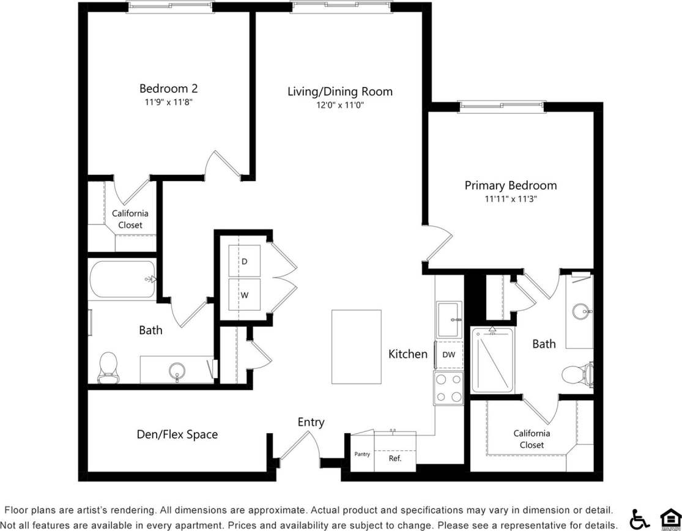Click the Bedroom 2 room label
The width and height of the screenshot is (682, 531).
pyautogui.click(x=168, y=89)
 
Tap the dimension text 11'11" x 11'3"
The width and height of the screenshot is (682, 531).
pyautogui.click(x=510, y=199)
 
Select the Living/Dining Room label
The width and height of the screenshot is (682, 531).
pyautogui.click(x=340, y=92)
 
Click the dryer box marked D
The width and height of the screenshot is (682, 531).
pyautogui.click(x=244, y=261)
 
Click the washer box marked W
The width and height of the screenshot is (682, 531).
pyautogui.click(x=244, y=295)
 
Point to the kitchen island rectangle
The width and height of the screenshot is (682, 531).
pyautogui.click(x=356, y=346)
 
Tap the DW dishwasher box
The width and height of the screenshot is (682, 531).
pyautogui.click(x=448, y=354)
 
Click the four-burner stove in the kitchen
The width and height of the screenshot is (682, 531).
pyautogui.click(x=448, y=388)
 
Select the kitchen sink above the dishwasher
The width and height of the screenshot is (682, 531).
pyautogui.click(x=450, y=319)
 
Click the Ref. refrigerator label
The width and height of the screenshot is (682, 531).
pyautogui.click(x=395, y=458)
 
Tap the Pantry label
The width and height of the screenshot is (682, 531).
pyautogui.click(x=362, y=455)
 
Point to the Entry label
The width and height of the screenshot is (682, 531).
pyautogui.click(x=311, y=422)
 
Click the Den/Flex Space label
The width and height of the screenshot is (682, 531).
pyautogui.click(x=177, y=434)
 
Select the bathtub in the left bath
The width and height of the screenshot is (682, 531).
pyautogui.click(x=122, y=280)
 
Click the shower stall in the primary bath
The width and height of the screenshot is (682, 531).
pyautogui.click(x=492, y=361)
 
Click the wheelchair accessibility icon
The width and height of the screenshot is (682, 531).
pyautogui.click(x=640, y=519)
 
